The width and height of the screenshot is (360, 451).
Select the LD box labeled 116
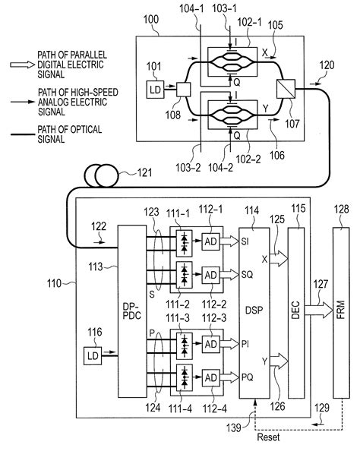tap(96, 353)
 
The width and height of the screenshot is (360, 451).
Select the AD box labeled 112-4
tap(210, 377)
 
